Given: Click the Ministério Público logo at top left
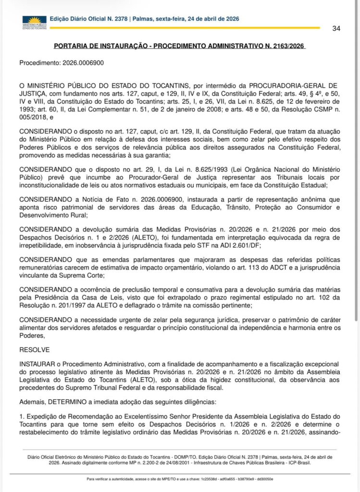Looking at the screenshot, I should tap(34, 21).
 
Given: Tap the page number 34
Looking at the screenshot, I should tap(336, 28).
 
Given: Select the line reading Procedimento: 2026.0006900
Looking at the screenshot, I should tap(62, 62).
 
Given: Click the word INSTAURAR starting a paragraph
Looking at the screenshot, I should tap(37, 365).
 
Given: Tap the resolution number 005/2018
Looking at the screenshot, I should tap(31, 116).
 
